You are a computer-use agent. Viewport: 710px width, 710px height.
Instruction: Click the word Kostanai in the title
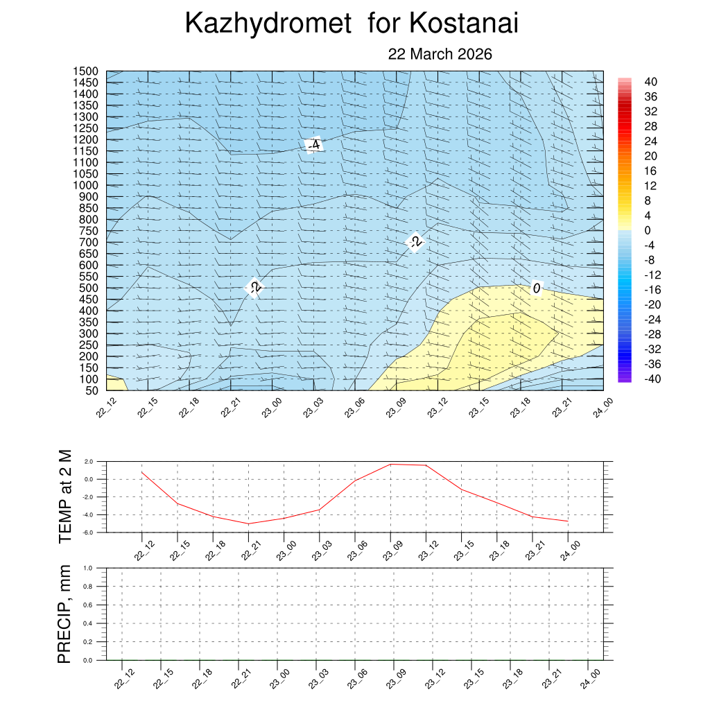464,24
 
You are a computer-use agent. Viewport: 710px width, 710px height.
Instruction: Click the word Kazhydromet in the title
268,24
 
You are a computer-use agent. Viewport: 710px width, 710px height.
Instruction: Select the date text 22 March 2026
440,54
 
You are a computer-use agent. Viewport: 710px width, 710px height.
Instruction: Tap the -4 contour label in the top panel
313,145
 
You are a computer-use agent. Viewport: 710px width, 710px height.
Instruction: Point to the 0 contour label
536,288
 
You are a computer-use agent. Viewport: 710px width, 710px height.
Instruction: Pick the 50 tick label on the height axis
92,390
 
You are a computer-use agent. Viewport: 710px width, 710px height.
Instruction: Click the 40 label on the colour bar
650,81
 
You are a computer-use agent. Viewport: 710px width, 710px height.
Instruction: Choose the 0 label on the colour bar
648,230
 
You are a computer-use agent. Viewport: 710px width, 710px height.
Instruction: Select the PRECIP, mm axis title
64,614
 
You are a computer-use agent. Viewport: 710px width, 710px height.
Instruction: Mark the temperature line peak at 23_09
391,464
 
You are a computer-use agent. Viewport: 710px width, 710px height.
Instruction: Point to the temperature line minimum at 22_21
249,523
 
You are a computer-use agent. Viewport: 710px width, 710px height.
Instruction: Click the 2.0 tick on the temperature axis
88,461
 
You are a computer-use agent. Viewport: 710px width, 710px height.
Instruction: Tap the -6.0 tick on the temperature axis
87,532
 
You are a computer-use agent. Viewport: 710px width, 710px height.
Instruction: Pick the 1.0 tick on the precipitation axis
88,568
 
